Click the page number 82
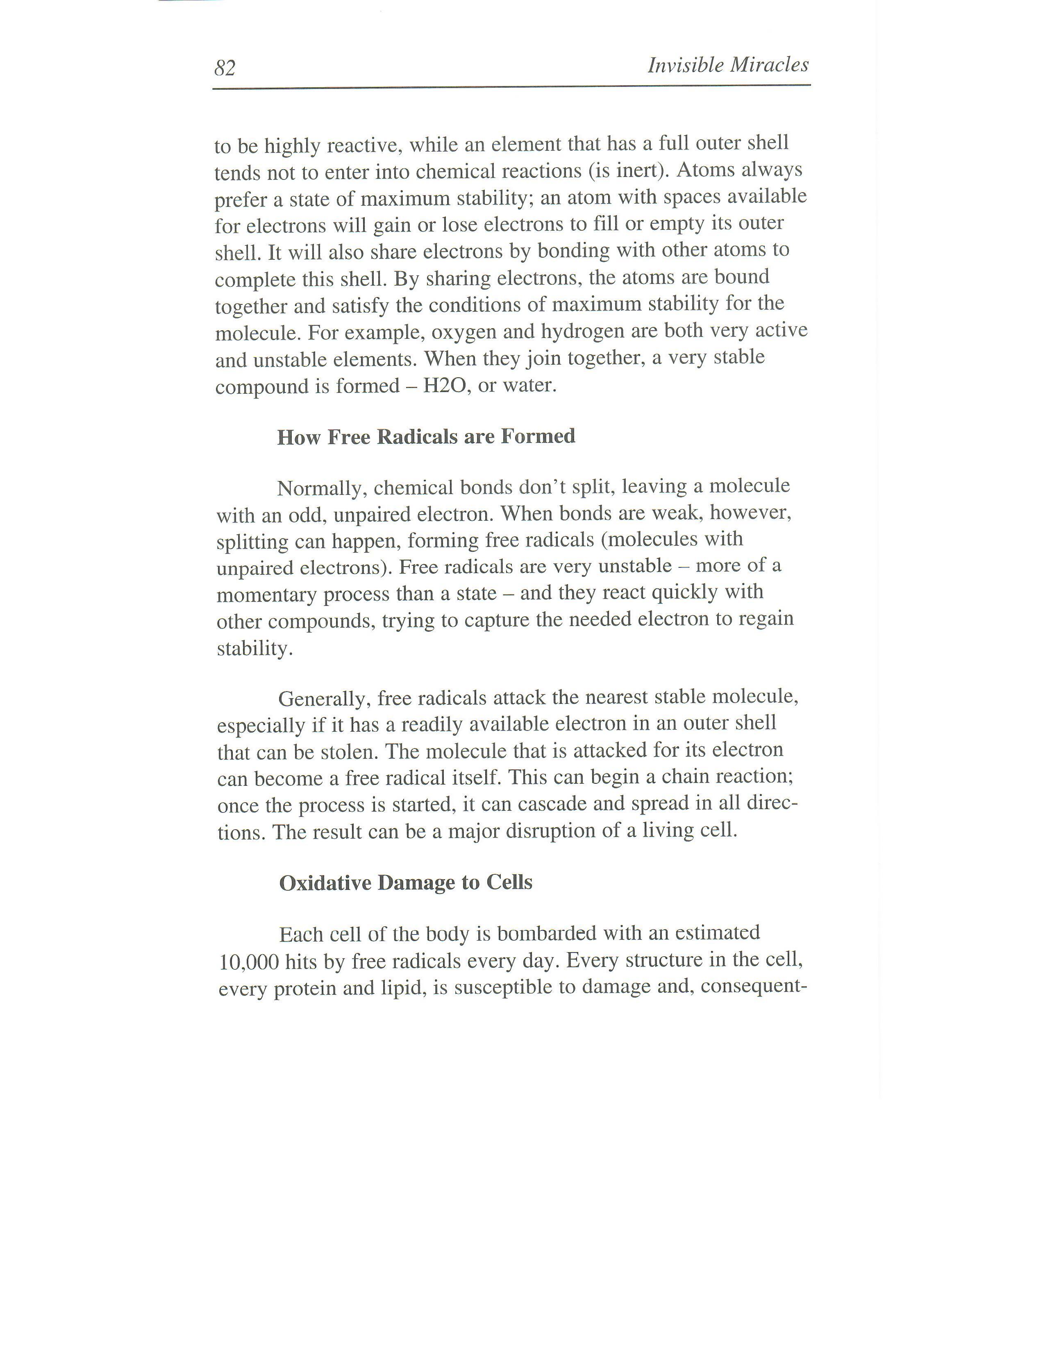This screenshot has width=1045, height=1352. point(225,68)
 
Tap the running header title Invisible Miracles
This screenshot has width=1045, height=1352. point(728,65)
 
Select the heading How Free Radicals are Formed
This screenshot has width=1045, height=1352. point(426,437)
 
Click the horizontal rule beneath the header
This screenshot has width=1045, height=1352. point(511,87)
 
